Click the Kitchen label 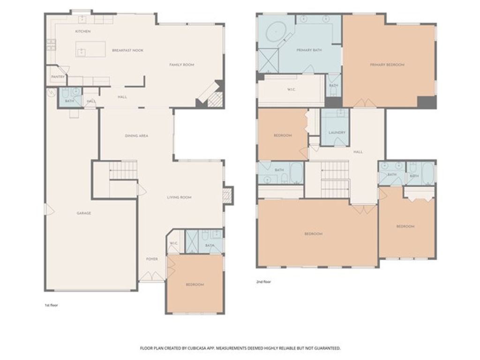tap(82, 31)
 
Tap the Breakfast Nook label tap(127, 50)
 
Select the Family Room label tap(181, 65)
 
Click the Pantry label tap(58, 77)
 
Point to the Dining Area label tap(136, 136)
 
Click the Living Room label tap(179, 197)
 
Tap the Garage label tap(84, 213)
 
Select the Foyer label tap(152, 259)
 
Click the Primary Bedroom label tap(387, 65)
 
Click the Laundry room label tap(337, 133)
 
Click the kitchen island tap(91, 49)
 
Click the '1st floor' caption tap(51, 305)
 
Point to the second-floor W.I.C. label tap(291, 90)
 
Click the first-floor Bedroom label tap(195, 285)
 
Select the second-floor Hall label tap(358, 152)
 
